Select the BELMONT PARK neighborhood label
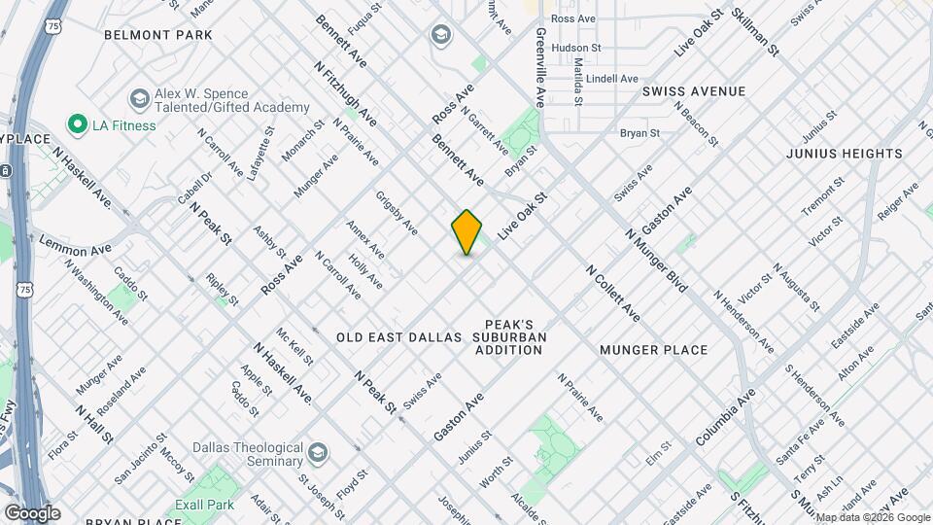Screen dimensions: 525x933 [158, 35]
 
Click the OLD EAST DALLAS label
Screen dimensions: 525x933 [398, 337]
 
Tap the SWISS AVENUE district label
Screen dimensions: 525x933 [693, 91]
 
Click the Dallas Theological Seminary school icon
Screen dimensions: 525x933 [318, 453]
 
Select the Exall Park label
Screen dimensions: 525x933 [205, 506]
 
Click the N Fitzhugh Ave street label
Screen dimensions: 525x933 [346, 95]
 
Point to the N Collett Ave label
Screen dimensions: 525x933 [612, 293]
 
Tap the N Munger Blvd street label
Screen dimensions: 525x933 [657, 261]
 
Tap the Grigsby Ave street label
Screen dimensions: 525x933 [397, 213]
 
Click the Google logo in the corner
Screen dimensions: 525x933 [32, 513]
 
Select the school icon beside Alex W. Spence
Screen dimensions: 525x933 [139, 99]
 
